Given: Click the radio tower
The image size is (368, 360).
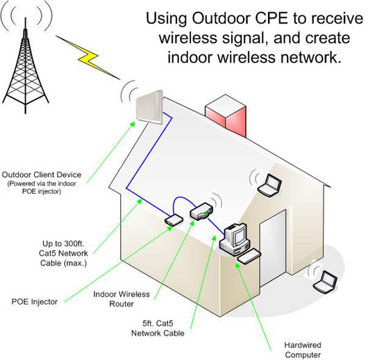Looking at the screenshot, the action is click(26, 70).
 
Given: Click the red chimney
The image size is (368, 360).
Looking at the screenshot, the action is click(226, 115).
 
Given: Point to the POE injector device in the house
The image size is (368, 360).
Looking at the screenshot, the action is click(174, 220).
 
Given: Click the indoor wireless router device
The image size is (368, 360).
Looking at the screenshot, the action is click(201, 211).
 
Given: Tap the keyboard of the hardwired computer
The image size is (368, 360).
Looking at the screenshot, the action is click(249, 256).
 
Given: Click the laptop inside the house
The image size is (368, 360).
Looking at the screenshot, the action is click(269, 185).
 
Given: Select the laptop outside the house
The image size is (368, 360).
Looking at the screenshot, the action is click(325, 282).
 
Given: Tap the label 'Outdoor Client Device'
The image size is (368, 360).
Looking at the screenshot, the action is click(42, 175).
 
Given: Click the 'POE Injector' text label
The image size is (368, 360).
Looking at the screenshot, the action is click(35, 302).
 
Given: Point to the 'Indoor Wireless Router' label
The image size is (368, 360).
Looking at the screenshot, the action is click(122, 299).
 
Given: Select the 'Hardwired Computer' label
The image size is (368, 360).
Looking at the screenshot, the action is click(303, 350).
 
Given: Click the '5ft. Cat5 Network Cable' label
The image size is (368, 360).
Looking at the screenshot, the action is click(158, 328).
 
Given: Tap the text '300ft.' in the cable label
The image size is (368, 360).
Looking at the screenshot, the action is click(72, 244).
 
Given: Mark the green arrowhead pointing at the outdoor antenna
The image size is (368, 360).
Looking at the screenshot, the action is click(133, 124).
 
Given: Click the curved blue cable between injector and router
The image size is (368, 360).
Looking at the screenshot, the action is click(181, 198).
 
